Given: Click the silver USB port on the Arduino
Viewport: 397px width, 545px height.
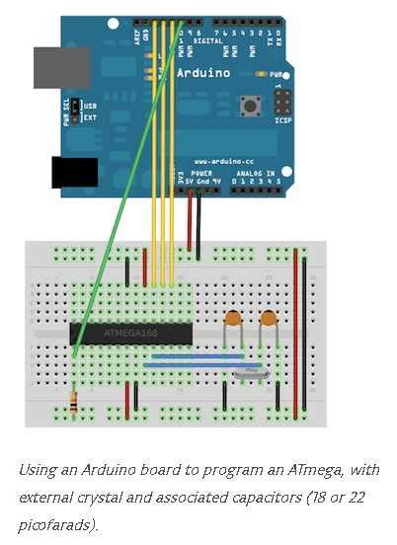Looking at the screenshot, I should click(62, 66).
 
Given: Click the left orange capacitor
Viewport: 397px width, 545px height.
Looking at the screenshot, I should click(233, 318).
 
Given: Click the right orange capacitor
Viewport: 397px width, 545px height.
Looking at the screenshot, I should click(268, 318).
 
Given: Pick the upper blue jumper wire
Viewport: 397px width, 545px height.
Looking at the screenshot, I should click(194, 355).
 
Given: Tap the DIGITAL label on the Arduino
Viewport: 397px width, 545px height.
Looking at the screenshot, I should click(208, 42).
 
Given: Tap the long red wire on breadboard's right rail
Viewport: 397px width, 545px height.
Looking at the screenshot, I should click(295, 316).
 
